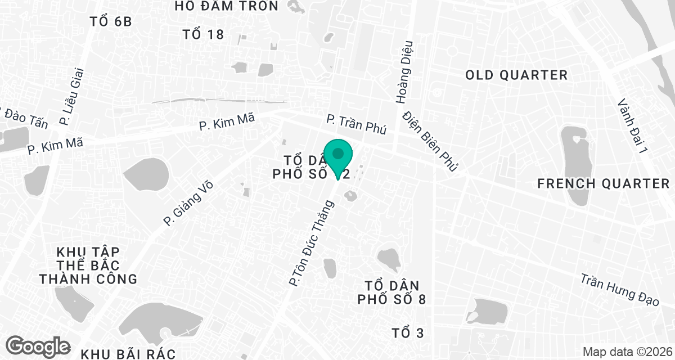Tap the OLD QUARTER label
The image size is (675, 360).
tap(516, 75)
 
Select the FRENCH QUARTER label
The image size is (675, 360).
tap(604, 183)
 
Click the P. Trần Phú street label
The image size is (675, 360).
tap(357, 124)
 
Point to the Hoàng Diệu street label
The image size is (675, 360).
tap(405, 72)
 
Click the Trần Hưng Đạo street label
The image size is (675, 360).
tap(619, 290)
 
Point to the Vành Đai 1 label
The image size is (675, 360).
tap(632, 127)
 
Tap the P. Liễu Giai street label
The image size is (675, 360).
tap(71, 96)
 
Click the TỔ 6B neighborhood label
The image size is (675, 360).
tap(110, 22)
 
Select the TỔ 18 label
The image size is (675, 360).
tap(204, 35)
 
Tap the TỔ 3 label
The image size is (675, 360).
tap(407, 333)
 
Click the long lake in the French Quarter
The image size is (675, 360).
tap(575, 163)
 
